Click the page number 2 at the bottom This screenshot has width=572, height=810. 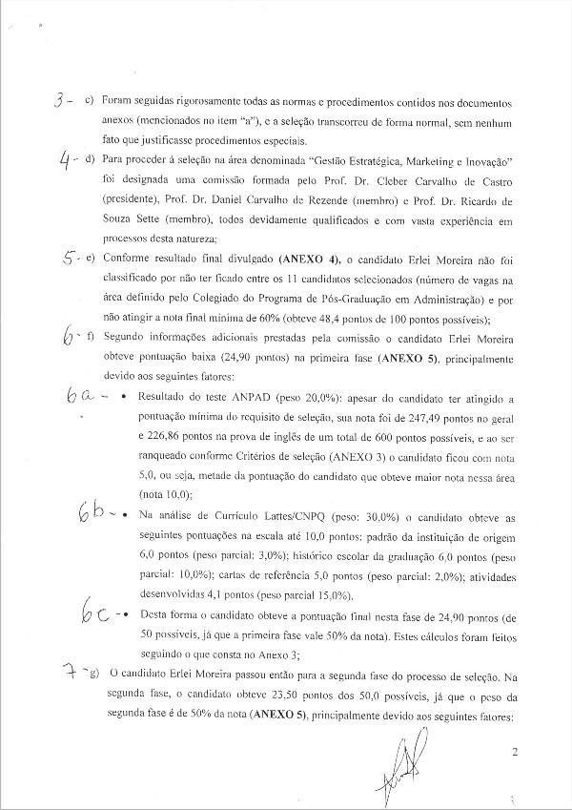click(x=515, y=754)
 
